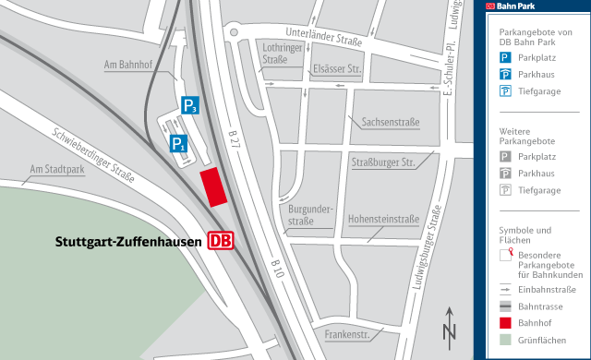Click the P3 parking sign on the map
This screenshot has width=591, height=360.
click(189, 105)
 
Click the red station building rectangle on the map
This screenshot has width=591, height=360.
click(213, 186)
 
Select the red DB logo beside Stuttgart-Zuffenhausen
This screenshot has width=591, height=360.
click(220, 241)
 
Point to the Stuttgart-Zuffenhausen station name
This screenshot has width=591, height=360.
click(128, 242)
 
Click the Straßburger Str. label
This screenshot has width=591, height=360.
click(381, 162)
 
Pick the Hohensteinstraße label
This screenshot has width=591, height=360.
click(382, 220)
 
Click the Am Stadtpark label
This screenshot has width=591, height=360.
click(57, 170)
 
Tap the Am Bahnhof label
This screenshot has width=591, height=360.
click(127, 64)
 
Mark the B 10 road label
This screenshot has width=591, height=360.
click(279, 267)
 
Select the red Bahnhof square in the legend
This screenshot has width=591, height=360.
click(506, 322)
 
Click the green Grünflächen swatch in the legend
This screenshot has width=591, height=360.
click(506, 340)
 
